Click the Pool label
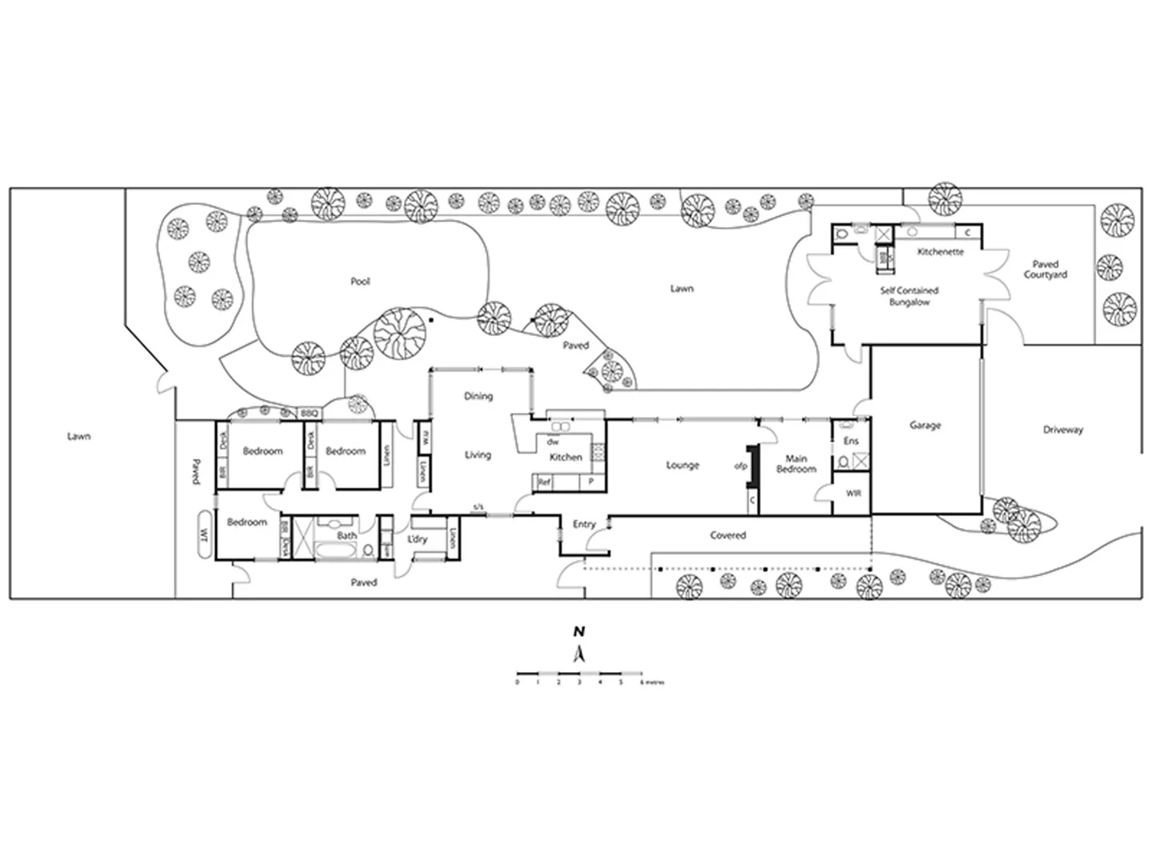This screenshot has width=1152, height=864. coord(360,282)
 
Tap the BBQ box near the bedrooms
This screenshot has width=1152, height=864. coord(309,413)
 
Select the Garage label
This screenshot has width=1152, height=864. coord(925,426)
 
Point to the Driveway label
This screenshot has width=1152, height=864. coord(1062,430)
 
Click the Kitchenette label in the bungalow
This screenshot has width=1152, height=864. coord(940,252)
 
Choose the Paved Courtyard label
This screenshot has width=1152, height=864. coord(1045,269)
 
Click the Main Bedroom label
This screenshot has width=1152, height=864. coord(796,464)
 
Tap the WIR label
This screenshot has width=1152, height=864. coord(854,494)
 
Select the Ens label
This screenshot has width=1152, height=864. coord(851,441)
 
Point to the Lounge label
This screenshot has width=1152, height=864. coord(682,465)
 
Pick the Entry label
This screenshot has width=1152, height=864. coord(584,524)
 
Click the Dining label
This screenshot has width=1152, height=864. coord(478,396)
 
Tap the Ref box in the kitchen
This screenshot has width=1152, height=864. coord(544,482)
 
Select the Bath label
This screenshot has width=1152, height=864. coord(346,535)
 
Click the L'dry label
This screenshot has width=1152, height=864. coord(418,539)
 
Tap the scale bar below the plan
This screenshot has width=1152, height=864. coord(579,674)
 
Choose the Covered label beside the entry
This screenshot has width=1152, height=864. coord(727,535)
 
